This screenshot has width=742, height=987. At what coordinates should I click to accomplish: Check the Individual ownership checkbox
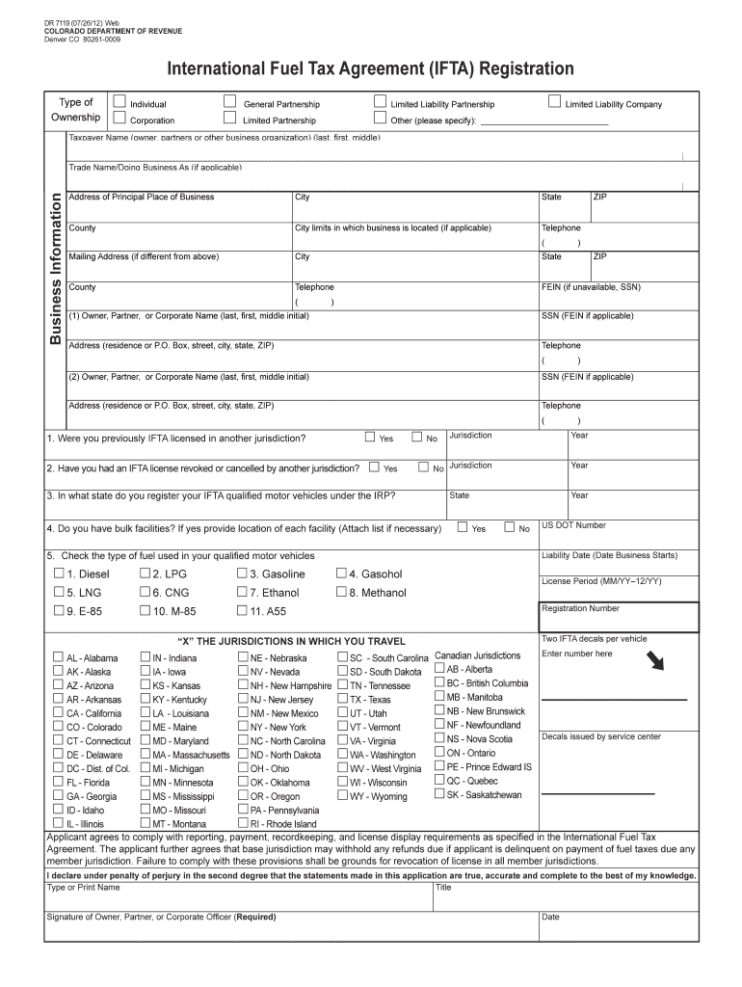pos(119,102)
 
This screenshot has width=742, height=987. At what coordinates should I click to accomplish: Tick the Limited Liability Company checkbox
pos(553,102)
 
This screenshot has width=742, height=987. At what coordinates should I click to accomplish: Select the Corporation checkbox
pos(119,119)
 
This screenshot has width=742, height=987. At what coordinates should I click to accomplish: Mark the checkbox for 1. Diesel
pos(59,574)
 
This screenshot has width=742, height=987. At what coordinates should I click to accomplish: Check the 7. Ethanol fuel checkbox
pos(242,593)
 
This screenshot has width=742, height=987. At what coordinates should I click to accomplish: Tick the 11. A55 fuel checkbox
pos(242,611)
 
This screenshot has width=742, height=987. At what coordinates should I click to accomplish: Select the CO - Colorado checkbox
pos(58,727)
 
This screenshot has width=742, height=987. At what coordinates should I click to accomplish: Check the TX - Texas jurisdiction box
pos(342,699)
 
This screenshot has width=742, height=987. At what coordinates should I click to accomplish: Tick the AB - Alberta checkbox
pos(439,668)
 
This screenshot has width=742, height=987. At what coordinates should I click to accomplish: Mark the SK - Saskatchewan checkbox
pos(439,794)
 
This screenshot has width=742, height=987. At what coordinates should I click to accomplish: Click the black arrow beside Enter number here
pos(658,661)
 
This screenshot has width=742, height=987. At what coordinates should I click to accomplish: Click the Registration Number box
pos(620,616)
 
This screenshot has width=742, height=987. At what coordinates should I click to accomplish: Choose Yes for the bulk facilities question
pos(463,527)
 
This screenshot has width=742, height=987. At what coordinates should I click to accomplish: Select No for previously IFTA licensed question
pos(417,438)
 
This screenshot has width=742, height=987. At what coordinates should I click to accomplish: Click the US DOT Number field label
pos(573,525)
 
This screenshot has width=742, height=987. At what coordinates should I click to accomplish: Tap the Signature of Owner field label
pos(154,917)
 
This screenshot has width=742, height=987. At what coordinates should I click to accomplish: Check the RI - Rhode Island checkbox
pos(242,824)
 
